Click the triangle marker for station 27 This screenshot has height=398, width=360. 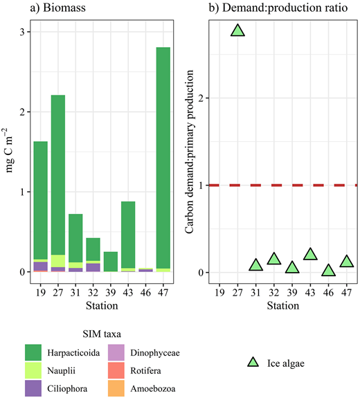237,30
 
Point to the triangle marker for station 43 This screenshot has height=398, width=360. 310,254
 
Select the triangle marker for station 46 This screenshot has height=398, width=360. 328,270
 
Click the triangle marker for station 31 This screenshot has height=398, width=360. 255,264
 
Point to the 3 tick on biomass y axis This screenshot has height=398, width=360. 22,33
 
